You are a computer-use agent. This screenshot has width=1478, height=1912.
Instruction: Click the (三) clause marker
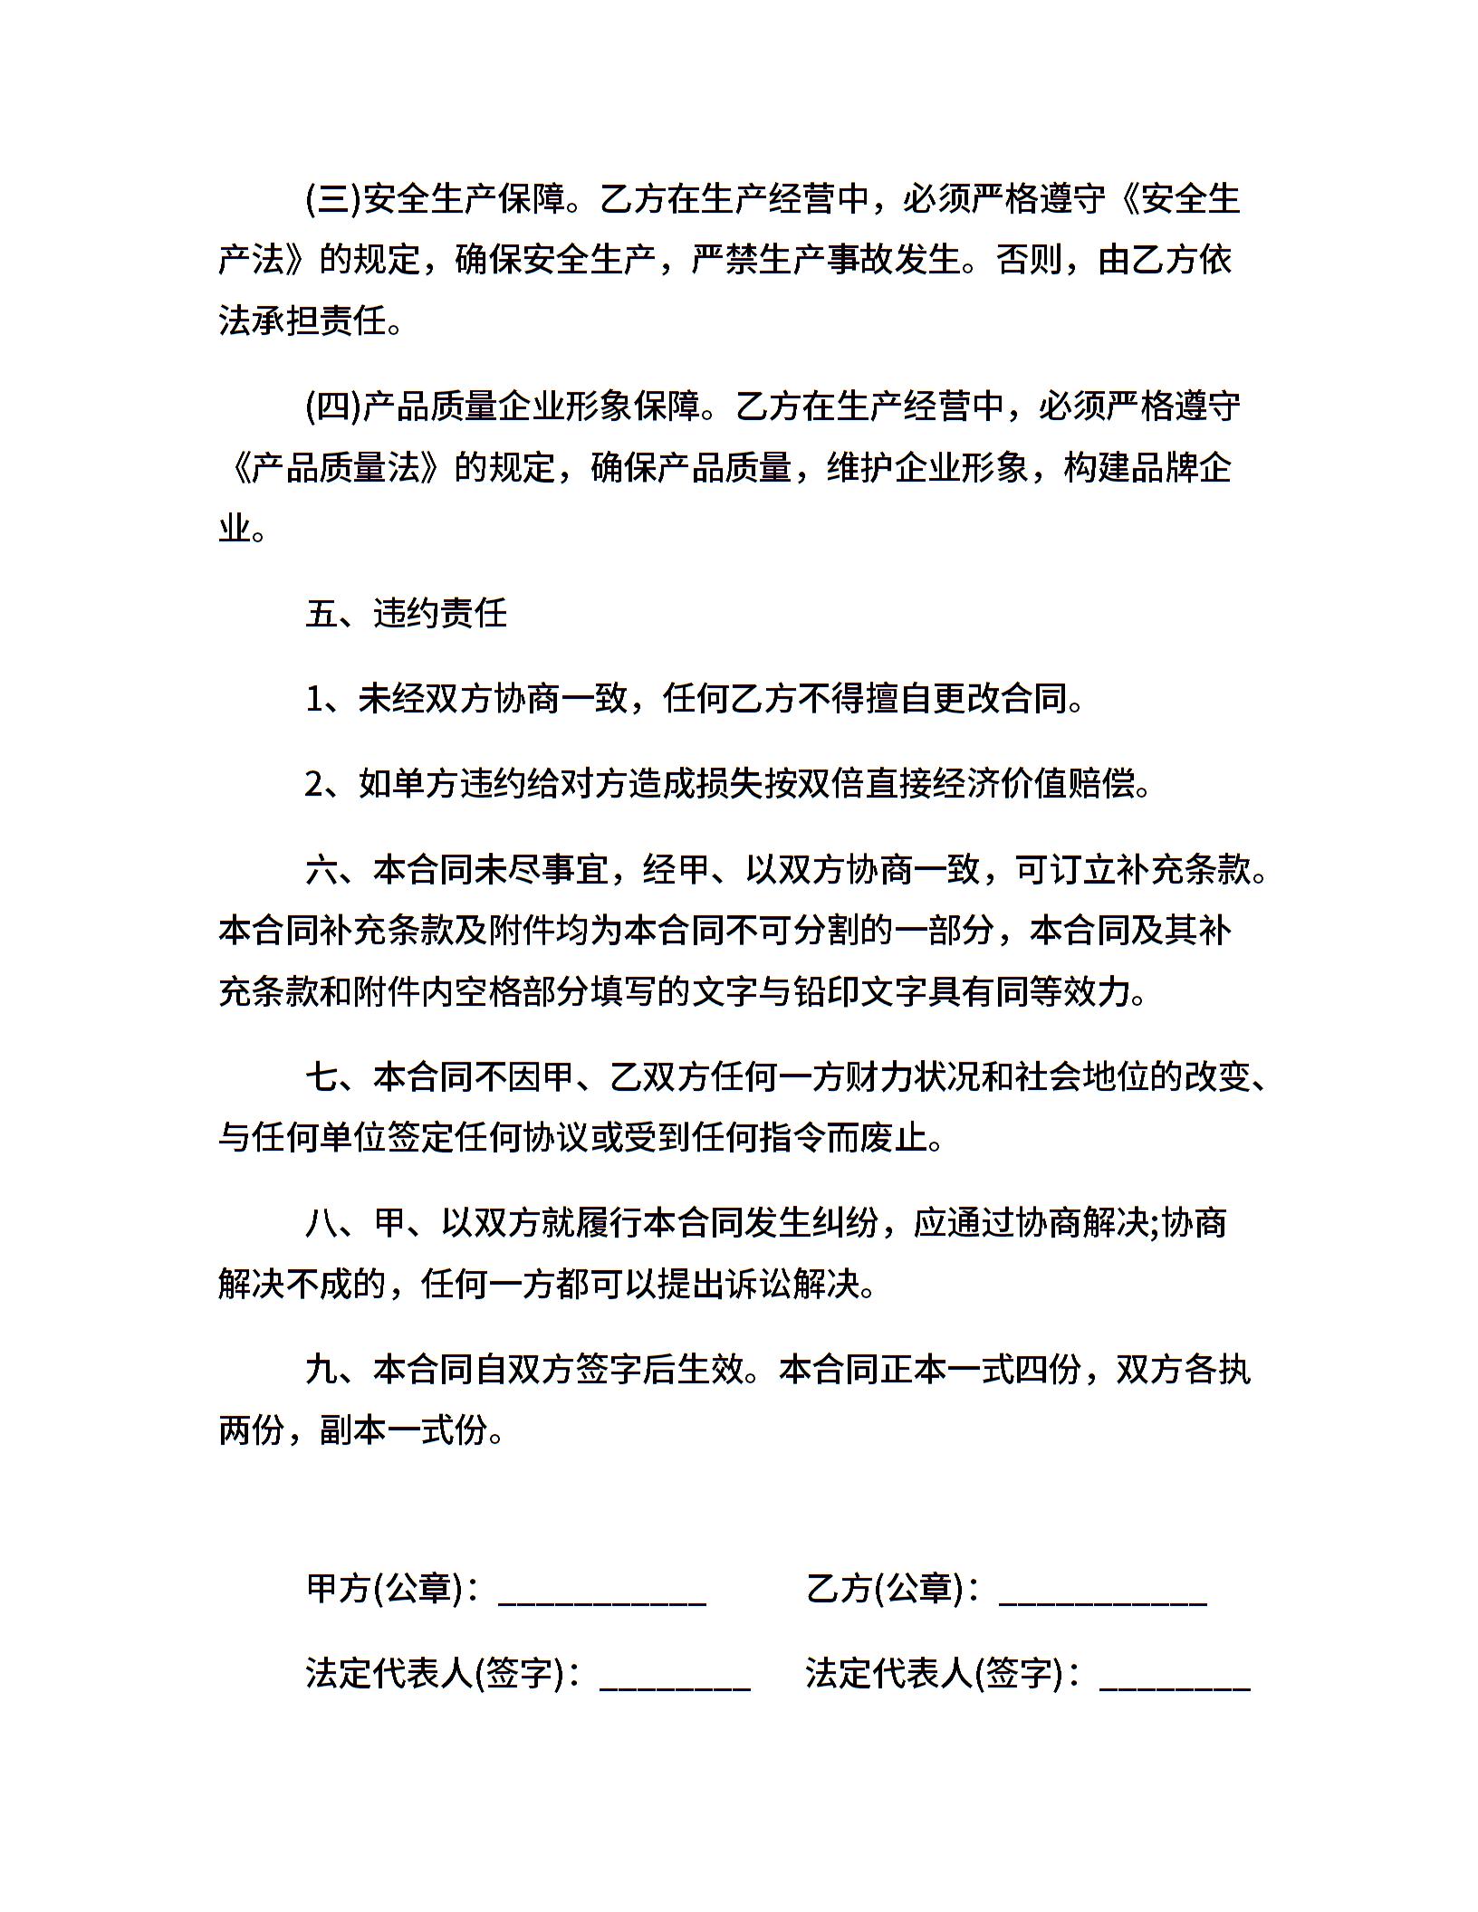coord(333,199)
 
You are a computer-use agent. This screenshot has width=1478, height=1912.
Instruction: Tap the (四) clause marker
coord(333,406)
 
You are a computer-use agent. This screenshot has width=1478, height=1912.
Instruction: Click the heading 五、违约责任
coord(406,614)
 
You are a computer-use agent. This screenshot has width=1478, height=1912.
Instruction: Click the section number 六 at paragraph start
coord(322,870)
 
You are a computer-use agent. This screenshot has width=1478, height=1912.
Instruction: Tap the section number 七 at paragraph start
coord(322,1077)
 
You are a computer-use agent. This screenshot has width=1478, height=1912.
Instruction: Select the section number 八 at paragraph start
coord(322,1224)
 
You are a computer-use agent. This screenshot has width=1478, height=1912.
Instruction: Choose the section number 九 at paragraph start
coord(322,1370)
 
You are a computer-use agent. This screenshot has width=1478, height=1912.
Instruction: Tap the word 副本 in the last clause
coord(354,1430)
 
